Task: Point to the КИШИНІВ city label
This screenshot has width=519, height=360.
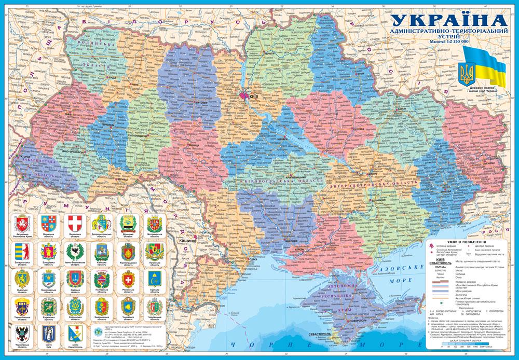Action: tap(187, 242)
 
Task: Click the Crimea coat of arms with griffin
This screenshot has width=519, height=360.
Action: tap(21, 225)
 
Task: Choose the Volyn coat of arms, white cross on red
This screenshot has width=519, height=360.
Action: tap(75, 225)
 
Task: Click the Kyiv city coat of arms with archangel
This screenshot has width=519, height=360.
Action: tap(48, 333)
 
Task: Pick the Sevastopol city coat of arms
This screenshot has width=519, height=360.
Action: tap(75, 333)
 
